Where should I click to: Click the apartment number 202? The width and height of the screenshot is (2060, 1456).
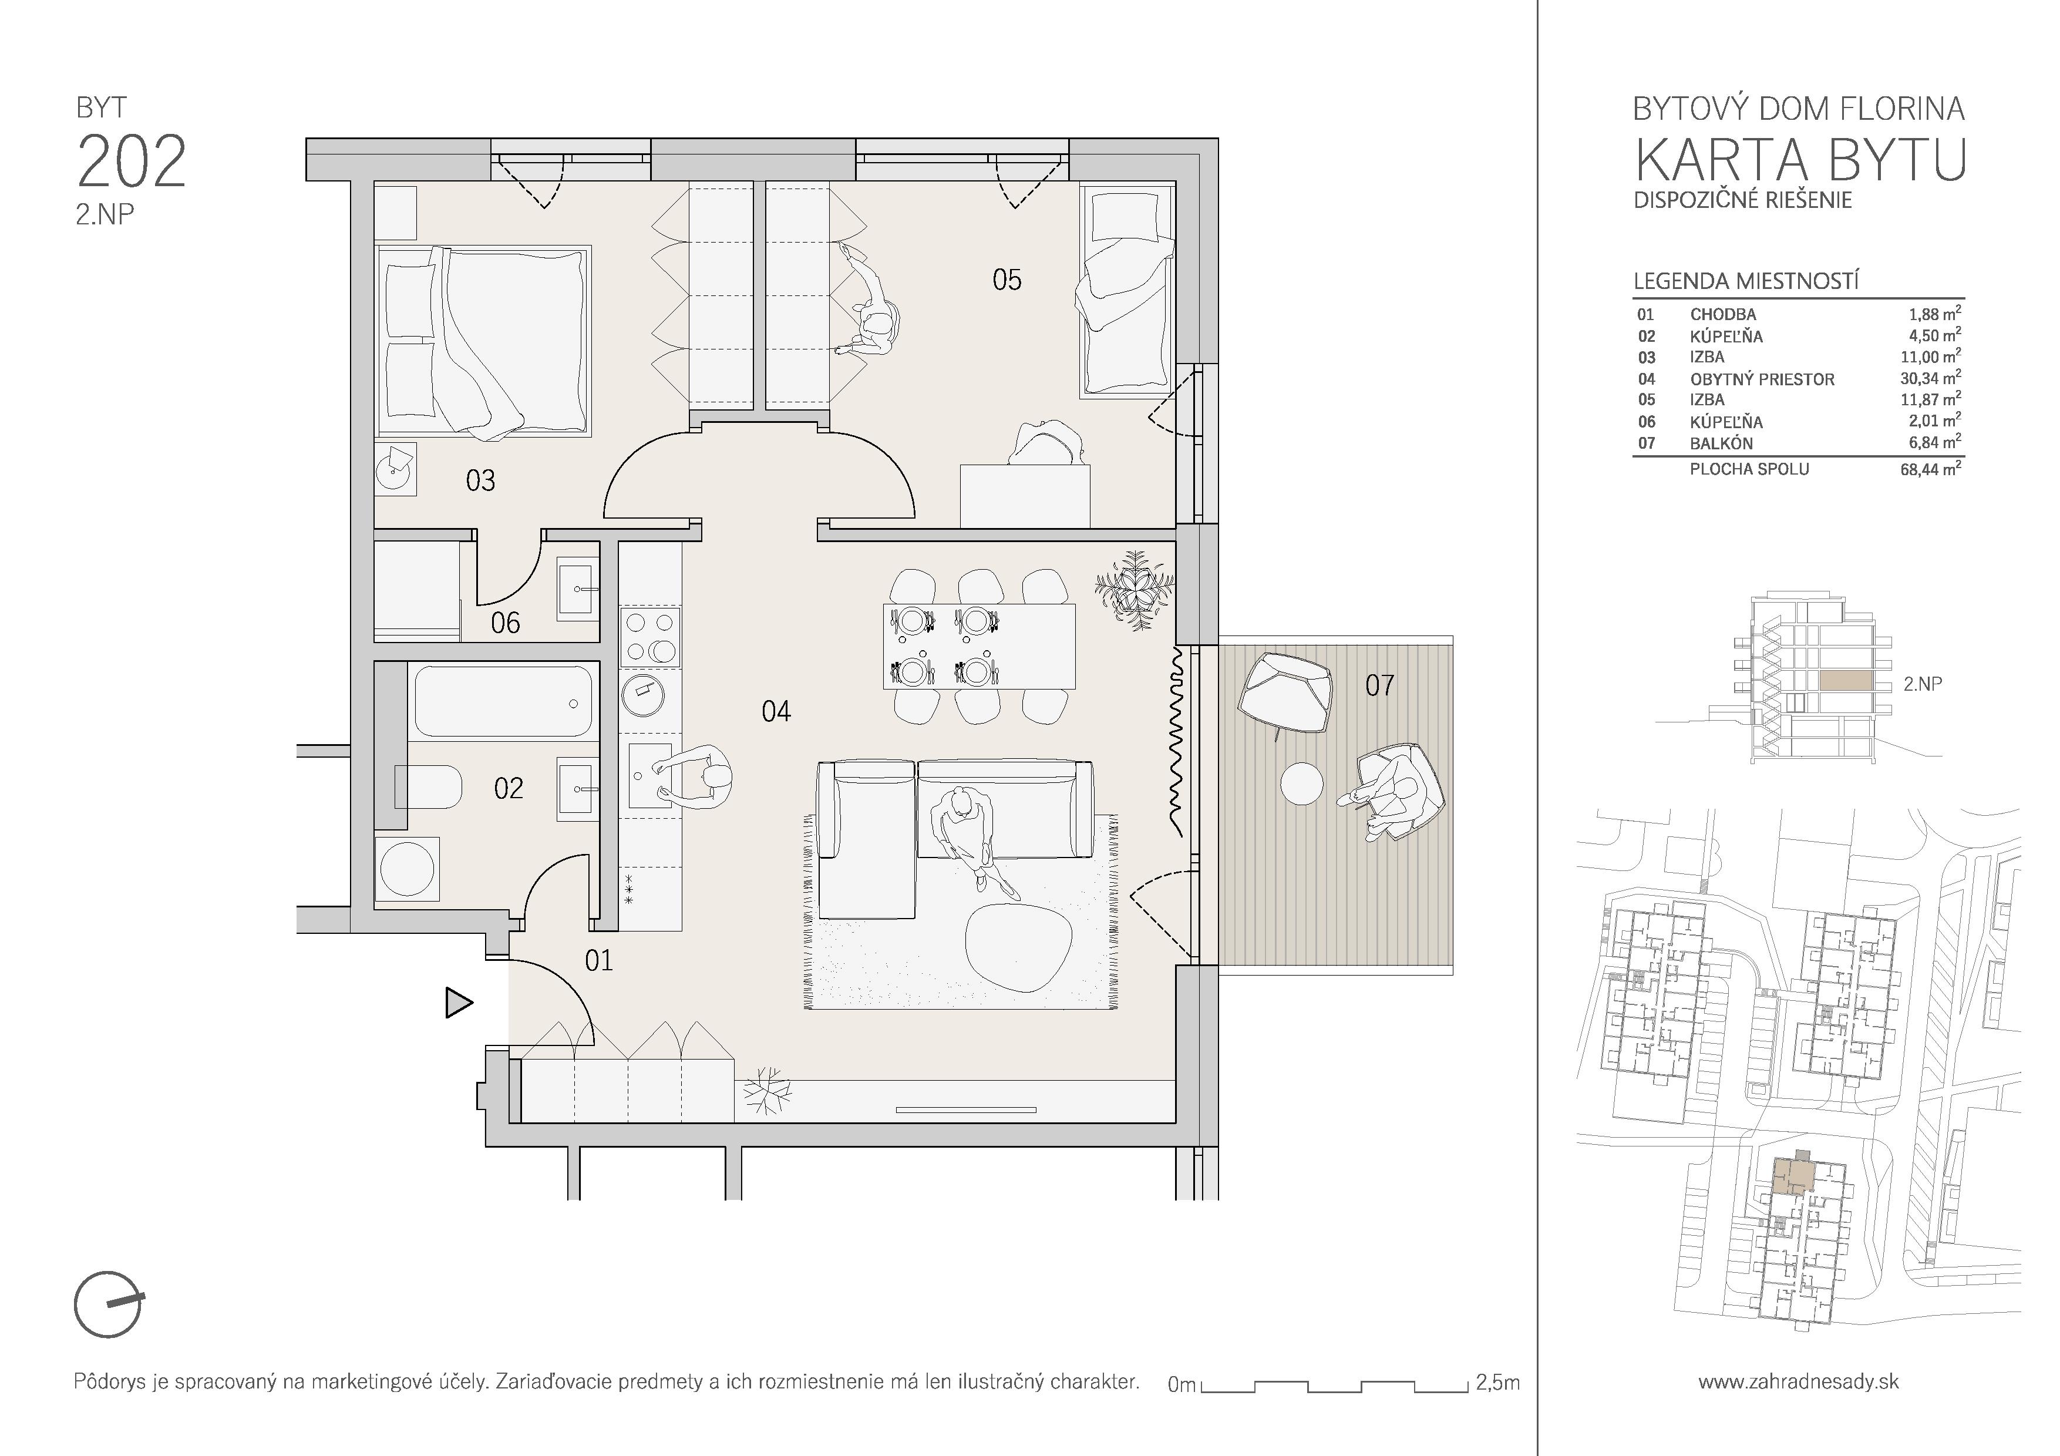pyautogui.click(x=132, y=162)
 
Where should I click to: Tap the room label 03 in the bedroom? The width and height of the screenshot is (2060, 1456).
pyautogui.click(x=480, y=481)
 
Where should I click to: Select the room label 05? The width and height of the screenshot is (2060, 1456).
pyautogui.click(x=1007, y=280)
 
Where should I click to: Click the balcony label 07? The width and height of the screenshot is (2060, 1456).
pyautogui.click(x=1380, y=685)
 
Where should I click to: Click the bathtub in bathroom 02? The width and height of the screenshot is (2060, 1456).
pyautogui.click(x=503, y=701)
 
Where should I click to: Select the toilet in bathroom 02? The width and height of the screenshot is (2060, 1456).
pyautogui.click(x=428, y=788)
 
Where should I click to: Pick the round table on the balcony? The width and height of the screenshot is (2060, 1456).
pyautogui.click(x=1301, y=783)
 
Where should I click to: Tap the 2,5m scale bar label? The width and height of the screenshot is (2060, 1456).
pyautogui.click(x=1497, y=1383)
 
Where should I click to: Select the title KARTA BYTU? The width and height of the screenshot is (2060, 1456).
pyautogui.click(x=1799, y=160)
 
